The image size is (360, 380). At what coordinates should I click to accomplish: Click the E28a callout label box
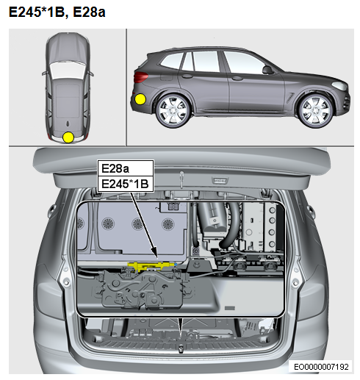[x=126, y=168]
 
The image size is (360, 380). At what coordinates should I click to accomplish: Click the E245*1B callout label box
[x=126, y=184]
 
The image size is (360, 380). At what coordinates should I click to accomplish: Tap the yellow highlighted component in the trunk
[x=151, y=266]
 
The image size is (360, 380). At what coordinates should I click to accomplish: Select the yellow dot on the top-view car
[x=68, y=137]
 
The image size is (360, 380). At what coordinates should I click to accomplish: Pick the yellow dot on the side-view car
[x=140, y=99]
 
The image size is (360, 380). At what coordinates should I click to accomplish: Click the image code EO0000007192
[x=321, y=367]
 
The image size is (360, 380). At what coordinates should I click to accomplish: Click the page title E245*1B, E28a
[x=57, y=12]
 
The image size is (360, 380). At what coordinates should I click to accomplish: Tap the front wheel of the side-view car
[x=315, y=111]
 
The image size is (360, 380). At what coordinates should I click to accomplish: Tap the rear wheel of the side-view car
[x=173, y=111]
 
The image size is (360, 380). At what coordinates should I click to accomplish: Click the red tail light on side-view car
[x=140, y=77]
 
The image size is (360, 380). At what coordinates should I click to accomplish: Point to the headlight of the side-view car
[x=339, y=85]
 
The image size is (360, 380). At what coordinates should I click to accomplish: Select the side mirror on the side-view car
[x=267, y=70]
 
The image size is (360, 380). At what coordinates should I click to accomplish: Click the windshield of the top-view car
[x=68, y=70]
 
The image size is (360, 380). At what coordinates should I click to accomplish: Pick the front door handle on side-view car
[x=237, y=79]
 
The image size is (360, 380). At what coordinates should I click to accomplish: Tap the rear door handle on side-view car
[x=187, y=76]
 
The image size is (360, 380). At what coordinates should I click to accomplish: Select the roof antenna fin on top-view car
[x=68, y=124]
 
